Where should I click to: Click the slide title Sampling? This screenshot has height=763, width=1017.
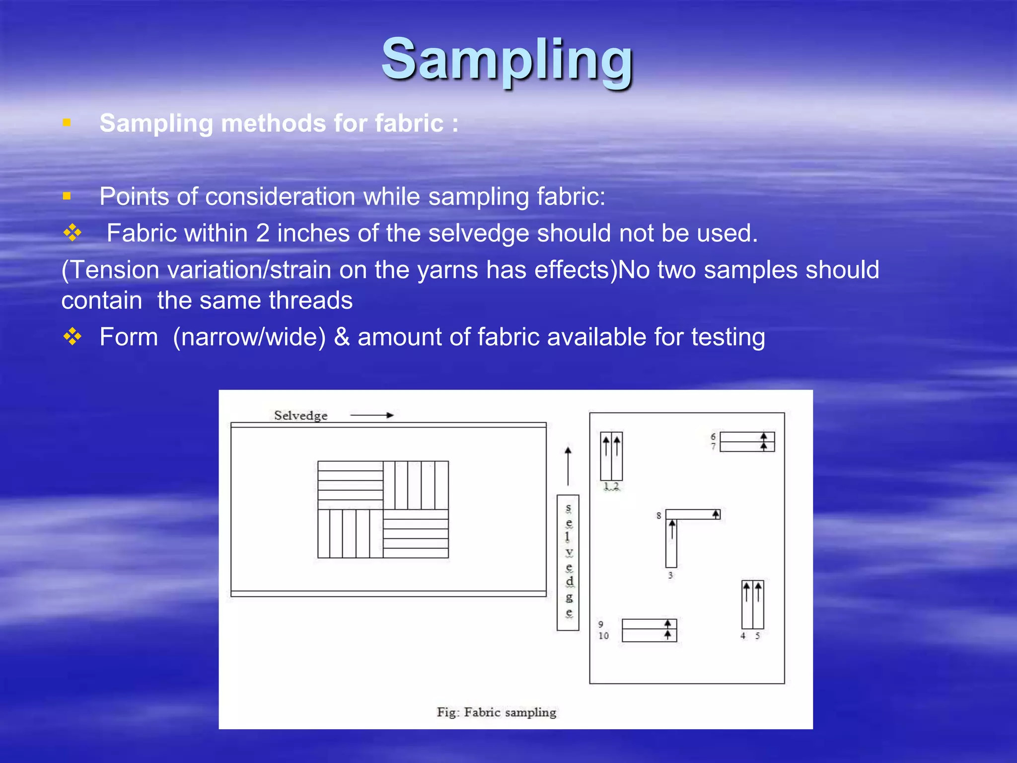(x=507, y=60)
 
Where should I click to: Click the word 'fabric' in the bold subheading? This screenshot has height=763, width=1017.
(x=409, y=123)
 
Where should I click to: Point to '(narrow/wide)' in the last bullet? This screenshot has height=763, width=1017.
(x=249, y=337)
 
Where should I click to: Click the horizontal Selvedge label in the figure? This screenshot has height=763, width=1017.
(x=300, y=415)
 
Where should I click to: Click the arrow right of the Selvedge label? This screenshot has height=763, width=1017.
(x=372, y=415)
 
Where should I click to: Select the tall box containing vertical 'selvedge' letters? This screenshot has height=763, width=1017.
(x=568, y=562)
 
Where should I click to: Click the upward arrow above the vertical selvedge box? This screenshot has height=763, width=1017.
(x=568, y=465)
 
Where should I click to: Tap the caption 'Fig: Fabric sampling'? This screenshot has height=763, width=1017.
(x=496, y=712)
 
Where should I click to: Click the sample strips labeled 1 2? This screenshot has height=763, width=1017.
(x=611, y=456)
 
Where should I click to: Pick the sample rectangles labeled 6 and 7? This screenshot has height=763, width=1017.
(x=747, y=442)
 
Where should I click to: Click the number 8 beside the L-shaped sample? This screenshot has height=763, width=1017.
(x=658, y=516)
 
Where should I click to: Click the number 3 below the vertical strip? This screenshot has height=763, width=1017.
(x=670, y=575)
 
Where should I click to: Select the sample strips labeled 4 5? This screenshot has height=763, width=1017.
(x=752, y=605)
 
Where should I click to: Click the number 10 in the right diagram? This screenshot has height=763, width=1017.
(x=603, y=636)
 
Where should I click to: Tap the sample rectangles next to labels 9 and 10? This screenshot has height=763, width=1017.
(x=649, y=630)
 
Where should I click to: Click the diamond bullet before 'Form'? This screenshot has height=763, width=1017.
(x=73, y=337)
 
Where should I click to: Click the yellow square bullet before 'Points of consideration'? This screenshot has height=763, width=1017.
(x=67, y=196)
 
